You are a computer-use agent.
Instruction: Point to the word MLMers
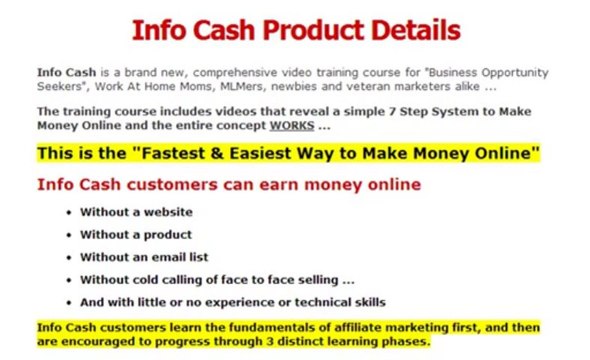(213, 87)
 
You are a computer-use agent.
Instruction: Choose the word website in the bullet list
(166, 212)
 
